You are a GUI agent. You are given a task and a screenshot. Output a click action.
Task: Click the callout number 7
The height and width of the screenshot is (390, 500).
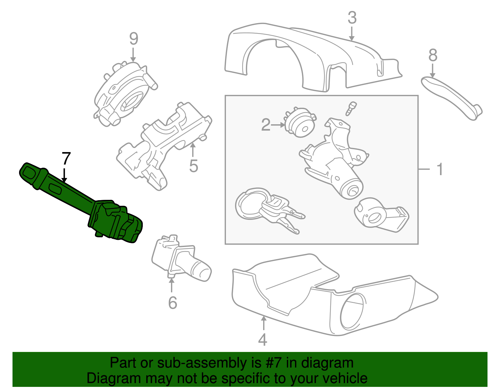(66, 158)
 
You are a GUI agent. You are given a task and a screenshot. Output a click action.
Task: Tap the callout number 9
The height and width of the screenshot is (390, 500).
(133, 39)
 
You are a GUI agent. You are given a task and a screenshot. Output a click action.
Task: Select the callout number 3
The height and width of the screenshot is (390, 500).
(352, 18)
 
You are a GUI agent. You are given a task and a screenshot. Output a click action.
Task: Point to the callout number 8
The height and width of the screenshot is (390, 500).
(432, 56)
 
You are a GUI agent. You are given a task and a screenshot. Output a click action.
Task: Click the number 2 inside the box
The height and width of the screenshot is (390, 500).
(266, 125)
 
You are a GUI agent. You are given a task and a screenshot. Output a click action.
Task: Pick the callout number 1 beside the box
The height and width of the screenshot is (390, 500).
(440, 169)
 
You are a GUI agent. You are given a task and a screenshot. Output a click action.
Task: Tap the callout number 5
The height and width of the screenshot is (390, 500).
(193, 166)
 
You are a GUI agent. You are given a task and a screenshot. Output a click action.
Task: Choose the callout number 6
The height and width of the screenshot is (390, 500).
(172, 303)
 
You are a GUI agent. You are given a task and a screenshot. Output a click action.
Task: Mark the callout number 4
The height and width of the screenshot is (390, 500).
(262, 340)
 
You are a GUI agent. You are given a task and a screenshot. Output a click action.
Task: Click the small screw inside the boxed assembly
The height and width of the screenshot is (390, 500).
(351, 108)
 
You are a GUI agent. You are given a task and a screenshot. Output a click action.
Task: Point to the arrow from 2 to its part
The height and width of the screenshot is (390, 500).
(278, 125)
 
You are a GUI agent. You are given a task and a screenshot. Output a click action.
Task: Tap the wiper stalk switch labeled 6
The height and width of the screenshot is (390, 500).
(181, 259)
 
